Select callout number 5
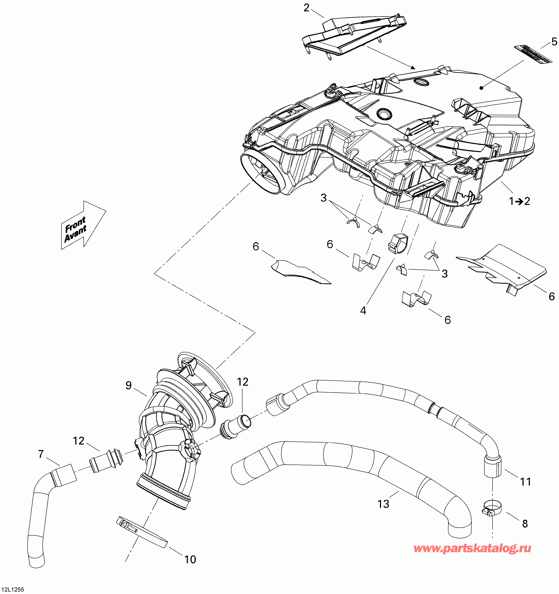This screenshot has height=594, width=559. (554, 42)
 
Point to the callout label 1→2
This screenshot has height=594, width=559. (520, 201)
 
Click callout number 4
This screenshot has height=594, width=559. (363, 310)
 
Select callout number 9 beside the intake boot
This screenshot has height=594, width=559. (128, 386)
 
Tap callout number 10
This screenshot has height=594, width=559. (190, 559)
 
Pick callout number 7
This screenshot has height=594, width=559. (41, 454)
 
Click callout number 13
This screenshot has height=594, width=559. (383, 504)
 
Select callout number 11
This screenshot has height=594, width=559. (526, 482)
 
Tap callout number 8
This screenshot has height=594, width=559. (525, 524)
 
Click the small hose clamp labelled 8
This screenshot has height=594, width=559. (492, 508)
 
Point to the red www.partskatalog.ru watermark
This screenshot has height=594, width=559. (472, 549)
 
